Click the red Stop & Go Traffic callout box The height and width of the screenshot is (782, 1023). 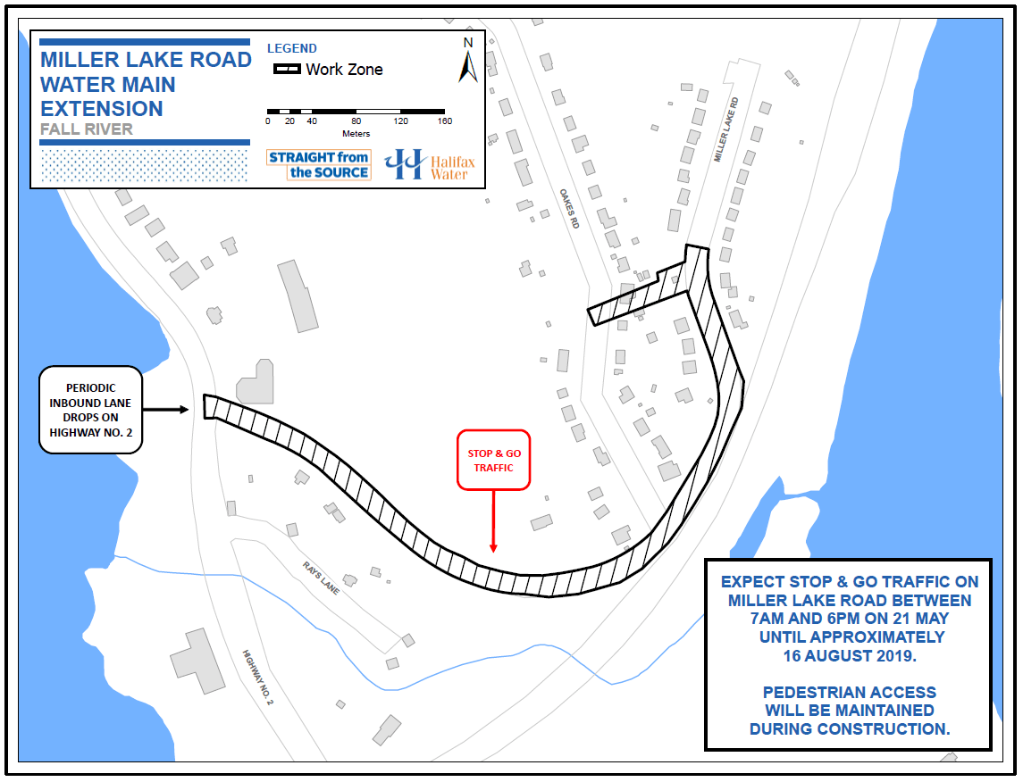[493, 461]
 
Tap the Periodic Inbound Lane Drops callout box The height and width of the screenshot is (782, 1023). [91, 410]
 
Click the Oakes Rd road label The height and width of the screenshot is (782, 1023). [569, 208]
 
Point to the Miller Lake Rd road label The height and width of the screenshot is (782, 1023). [725, 129]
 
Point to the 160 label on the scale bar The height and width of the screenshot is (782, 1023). [444, 121]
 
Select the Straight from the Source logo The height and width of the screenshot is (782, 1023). [318, 164]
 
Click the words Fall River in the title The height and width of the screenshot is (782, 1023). [87, 129]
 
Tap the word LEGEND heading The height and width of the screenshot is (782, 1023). [292, 48]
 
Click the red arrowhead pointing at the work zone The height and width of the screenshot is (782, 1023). [493, 547]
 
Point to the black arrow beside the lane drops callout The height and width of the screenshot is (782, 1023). [166, 410]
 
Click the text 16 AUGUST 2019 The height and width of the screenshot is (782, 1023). [847, 655]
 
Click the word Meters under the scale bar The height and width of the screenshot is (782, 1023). [356, 134]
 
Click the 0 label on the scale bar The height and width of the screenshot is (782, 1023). [268, 121]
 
